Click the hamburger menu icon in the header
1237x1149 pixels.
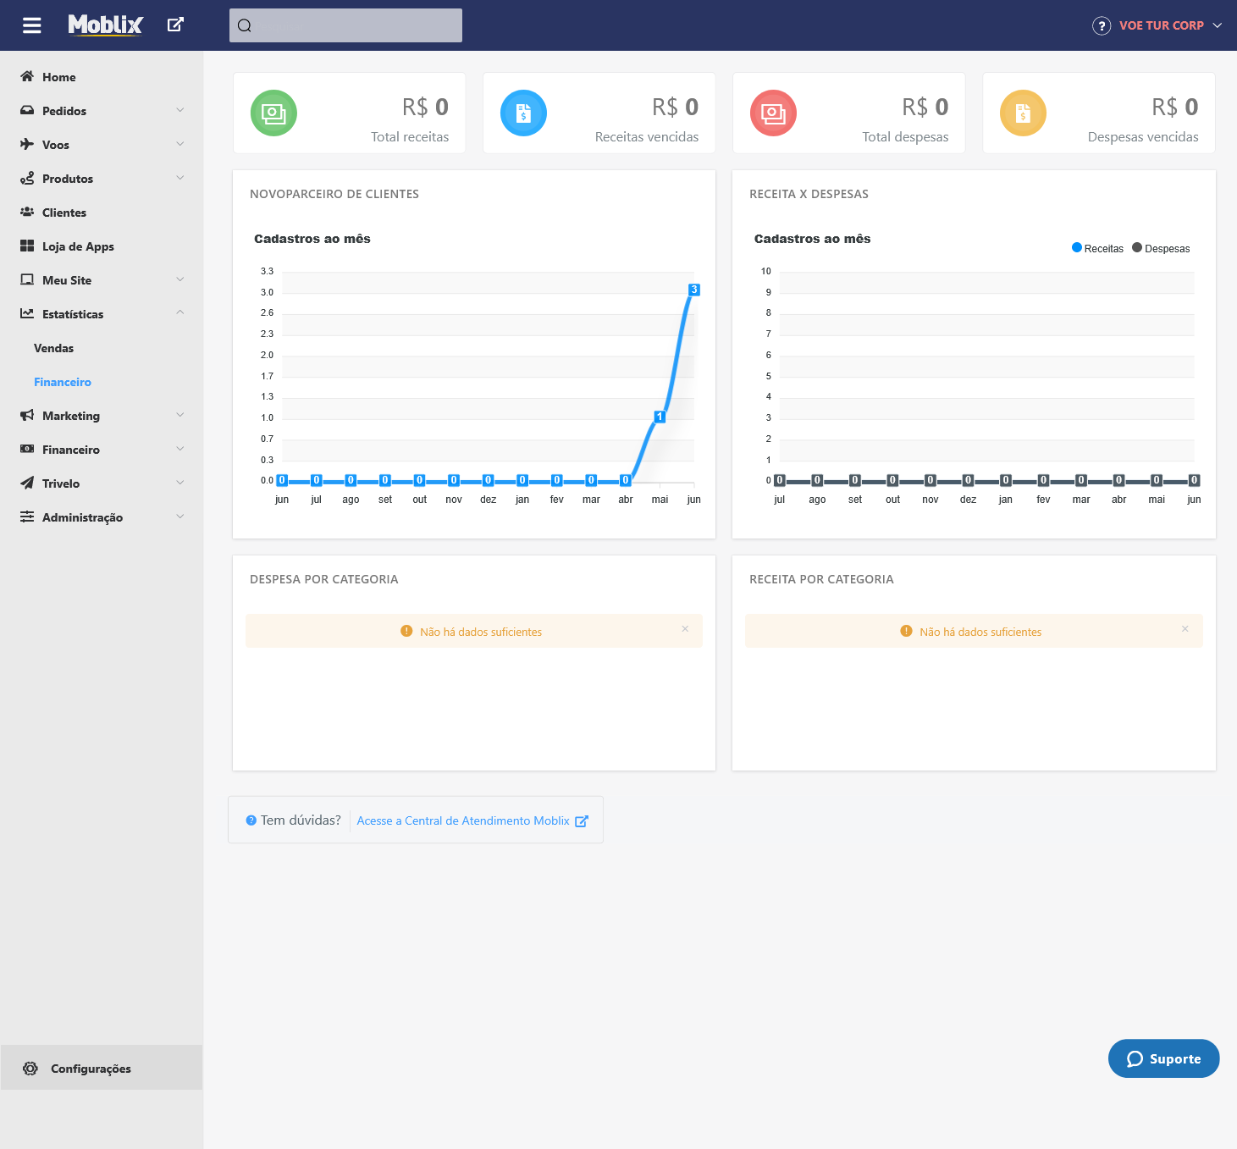tap(32, 25)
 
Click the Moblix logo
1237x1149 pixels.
tap(105, 25)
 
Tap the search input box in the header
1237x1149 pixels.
tap(345, 25)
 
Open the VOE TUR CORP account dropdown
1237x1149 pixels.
tap(1160, 25)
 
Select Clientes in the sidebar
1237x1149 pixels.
tap(64, 213)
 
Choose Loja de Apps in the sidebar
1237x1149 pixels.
tap(78, 246)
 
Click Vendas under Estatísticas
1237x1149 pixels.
tap(53, 348)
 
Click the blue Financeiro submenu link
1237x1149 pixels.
tap(63, 382)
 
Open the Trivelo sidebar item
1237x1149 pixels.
tap(61, 483)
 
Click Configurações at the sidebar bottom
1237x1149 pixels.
tap(91, 1069)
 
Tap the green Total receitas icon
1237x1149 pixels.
tap(273, 113)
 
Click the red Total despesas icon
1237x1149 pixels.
tap(773, 113)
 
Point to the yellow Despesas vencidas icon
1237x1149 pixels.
tap(1023, 113)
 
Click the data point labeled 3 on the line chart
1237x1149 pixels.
tap(694, 290)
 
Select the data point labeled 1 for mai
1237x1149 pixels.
tap(660, 417)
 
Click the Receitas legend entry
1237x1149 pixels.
tap(1098, 248)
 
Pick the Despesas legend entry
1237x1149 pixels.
tap(1162, 248)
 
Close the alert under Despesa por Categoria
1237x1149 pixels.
tap(685, 629)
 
